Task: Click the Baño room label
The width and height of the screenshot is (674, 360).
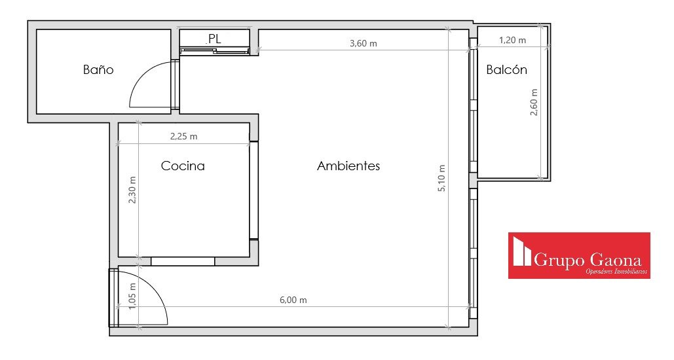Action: [98, 69]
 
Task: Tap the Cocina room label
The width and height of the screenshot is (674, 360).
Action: [183, 166]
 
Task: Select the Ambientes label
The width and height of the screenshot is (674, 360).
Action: [348, 166]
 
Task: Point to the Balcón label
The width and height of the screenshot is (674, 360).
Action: [506, 69]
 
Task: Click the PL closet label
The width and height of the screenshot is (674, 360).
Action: [214, 39]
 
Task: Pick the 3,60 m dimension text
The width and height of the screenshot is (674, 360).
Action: [364, 43]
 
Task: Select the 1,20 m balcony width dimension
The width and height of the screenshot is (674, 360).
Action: [512, 40]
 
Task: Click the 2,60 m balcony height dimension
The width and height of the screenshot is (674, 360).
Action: [534, 102]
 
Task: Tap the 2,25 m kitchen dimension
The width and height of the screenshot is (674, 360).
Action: [183, 136]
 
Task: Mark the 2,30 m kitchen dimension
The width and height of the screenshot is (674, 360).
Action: [132, 189]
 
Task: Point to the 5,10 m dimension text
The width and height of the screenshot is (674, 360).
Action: [441, 178]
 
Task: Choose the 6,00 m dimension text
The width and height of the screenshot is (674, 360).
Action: [293, 300]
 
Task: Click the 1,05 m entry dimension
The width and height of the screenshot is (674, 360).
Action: [132, 296]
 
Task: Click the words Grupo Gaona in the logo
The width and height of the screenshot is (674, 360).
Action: [588, 260]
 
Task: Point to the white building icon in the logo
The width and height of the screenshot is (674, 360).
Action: [522, 253]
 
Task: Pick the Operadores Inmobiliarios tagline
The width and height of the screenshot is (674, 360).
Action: [616, 271]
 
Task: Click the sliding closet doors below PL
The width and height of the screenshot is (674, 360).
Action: [215, 51]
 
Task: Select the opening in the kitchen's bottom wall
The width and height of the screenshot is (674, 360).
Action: [183, 261]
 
